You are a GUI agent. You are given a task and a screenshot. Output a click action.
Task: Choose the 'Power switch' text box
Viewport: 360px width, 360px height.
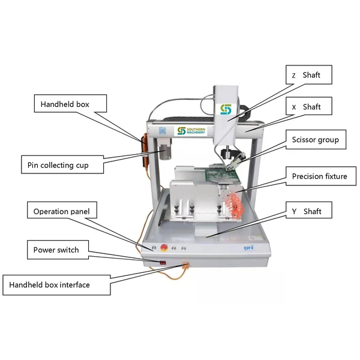pos(56,250)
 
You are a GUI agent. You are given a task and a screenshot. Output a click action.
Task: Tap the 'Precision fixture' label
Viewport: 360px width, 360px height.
pos(319,176)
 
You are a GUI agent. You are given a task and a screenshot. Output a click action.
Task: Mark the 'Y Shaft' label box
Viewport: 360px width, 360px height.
pos(307,211)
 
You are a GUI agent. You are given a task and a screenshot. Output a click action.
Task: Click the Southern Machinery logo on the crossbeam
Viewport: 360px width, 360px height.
pos(191,130)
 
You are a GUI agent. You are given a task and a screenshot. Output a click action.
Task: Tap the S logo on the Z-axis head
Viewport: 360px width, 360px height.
pos(226,110)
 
